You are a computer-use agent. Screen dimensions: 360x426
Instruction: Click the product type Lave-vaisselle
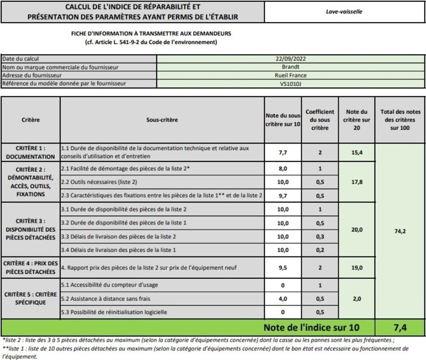[344, 12]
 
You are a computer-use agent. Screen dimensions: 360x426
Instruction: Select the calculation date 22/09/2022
[290, 59]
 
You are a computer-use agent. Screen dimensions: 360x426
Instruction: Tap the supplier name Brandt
[290, 67]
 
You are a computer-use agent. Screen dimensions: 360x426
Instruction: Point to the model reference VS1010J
[290, 84]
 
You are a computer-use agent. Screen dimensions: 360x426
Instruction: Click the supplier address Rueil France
[290, 75]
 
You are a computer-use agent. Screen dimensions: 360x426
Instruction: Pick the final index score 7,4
[400, 328]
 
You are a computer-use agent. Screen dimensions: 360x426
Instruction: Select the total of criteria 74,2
[400, 232]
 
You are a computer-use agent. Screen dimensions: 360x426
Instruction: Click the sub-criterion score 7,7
[283, 153]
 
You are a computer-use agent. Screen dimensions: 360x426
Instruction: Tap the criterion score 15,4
[357, 153]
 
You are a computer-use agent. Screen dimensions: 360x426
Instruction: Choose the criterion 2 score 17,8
[357, 182]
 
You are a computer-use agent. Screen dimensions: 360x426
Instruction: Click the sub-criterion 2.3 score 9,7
[283, 195]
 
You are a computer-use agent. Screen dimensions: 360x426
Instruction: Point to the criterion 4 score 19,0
[357, 268]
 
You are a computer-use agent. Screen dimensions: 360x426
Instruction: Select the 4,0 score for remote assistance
[283, 298]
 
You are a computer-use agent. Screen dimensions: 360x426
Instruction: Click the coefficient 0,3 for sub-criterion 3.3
[320, 237]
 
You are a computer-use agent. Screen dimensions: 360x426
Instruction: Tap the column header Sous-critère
[162, 120]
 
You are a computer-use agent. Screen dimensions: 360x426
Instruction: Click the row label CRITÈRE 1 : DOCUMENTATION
[31, 153]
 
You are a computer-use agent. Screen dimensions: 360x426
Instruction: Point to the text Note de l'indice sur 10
[311, 328]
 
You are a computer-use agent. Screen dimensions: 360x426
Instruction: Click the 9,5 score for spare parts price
[283, 268]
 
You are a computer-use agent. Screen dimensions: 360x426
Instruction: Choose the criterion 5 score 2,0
[357, 298]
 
